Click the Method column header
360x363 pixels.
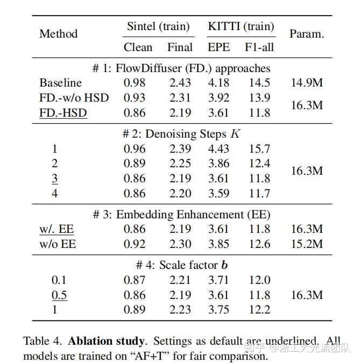tap(58, 33)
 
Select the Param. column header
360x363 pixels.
tap(306, 33)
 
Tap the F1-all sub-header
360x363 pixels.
tap(259, 47)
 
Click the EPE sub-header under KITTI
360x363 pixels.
tap(218, 47)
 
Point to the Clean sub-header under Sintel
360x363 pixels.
tap(138, 47)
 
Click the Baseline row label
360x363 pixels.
tap(60, 83)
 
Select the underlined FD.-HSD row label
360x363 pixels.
tap(63, 113)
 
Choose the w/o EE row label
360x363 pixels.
tap(58, 244)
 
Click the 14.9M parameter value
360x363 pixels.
tap(306, 83)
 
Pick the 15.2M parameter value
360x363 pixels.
tap(306, 244)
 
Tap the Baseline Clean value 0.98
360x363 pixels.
tap(135, 83)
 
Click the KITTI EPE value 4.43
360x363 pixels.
tap(218, 149)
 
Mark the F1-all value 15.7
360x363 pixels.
tap(259, 149)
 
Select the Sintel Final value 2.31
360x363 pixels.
tap(180, 98)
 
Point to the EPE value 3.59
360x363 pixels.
tap(218, 193)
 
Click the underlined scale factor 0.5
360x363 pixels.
tap(59, 295)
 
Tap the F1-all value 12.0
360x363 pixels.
tap(259, 280)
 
